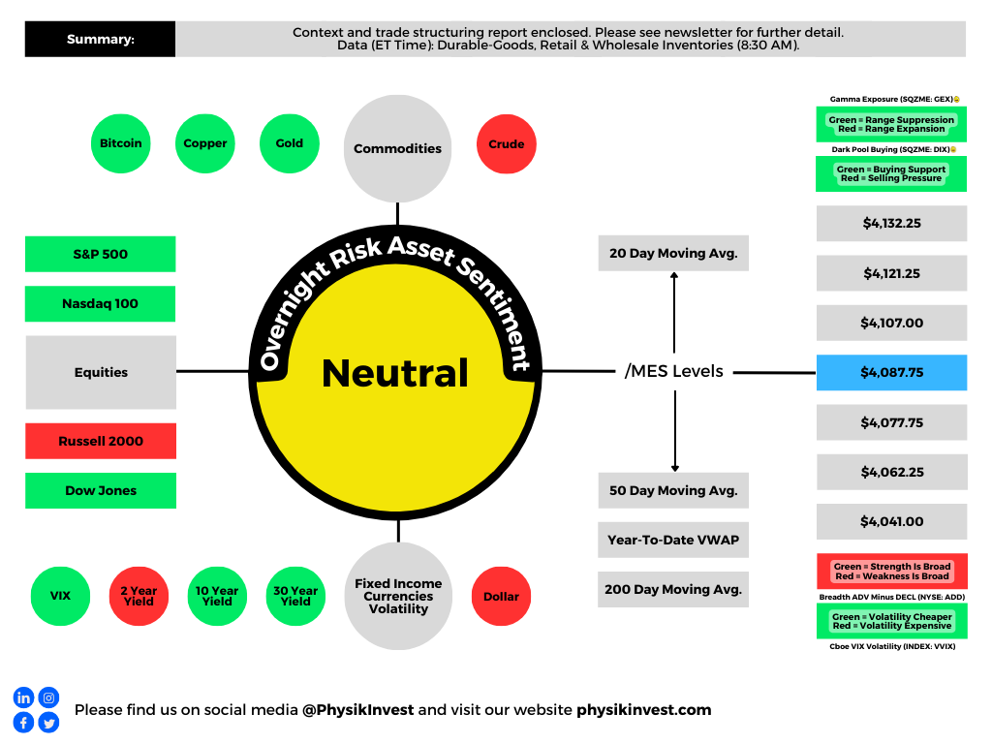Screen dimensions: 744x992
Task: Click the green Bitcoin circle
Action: (120, 143)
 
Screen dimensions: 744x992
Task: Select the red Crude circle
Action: (506, 144)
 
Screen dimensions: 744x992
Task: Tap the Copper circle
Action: (205, 143)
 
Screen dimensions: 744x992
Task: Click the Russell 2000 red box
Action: (101, 441)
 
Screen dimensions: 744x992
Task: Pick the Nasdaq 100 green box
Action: (101, 303)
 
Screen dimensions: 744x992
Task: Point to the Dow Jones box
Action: (101, 490)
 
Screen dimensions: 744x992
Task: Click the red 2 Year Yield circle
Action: (139, 596)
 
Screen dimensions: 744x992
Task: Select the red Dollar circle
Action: (501, 597)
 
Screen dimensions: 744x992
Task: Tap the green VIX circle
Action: (60, 596)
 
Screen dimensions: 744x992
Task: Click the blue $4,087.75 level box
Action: (891, 372)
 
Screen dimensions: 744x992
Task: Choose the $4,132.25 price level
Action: (891, 223)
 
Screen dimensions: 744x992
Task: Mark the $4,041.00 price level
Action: (891, 521)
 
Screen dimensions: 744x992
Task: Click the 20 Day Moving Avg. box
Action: (673, 254)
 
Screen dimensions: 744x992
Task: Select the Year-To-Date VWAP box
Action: (673, 540)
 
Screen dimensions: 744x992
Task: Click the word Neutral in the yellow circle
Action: (395, 373)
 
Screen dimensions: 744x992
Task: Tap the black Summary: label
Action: (100, 40)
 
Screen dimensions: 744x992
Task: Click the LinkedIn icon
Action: (23, 697)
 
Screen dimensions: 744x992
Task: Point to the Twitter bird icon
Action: (48, 722)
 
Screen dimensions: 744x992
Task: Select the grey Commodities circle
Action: (397, 148)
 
